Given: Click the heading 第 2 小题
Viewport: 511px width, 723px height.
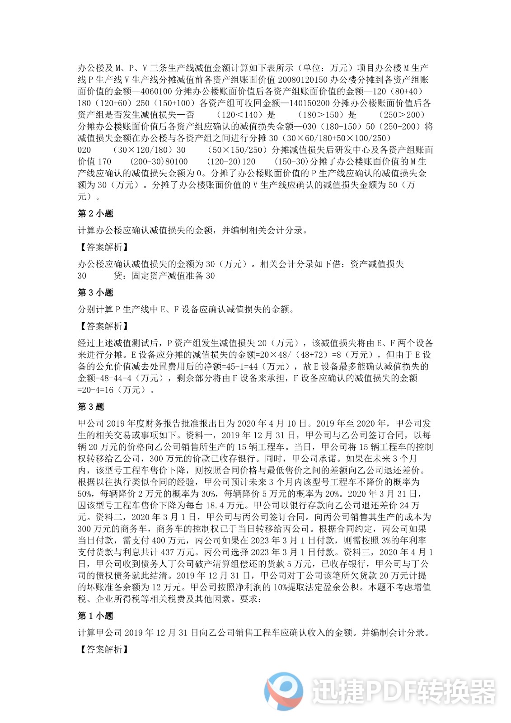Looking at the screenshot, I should click(x=95, y=214).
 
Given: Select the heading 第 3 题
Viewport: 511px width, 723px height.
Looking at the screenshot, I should click(x=91, y=407).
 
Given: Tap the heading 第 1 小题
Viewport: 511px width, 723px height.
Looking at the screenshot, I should click(x=95, y=616).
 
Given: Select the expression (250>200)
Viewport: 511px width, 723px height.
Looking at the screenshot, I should click(x=402, y=115).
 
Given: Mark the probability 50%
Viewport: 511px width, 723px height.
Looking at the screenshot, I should click(x=87, y=494).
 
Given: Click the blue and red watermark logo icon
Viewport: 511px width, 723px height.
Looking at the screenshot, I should click(x=284, y=690).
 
